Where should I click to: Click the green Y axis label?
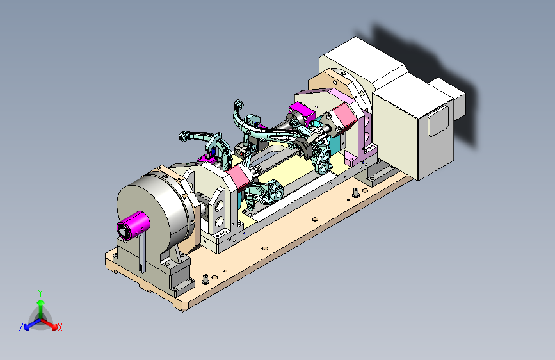[x=40, y=293]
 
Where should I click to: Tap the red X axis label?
[x=60, y=327]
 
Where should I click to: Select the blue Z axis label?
[x=21, y=327]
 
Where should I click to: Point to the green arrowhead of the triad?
[x=41, y=302]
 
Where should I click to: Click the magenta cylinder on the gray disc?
[x=133, y=225]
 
